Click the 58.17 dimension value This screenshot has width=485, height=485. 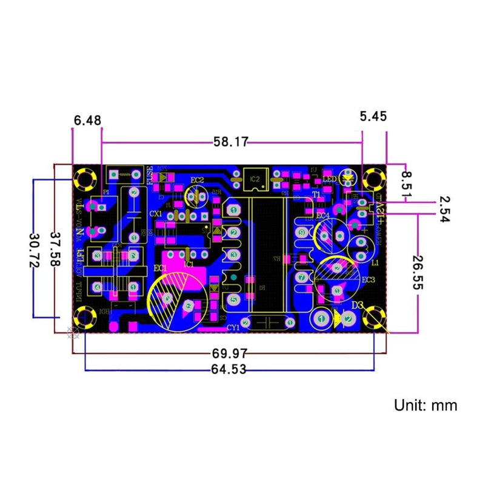click(x=230, y=142)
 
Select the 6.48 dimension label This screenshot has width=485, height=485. click(x=87, y=121)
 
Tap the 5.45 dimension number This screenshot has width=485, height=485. click(x=373, y=116)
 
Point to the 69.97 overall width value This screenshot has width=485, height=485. click(x=229, y=353)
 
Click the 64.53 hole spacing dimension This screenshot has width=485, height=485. click(x=229, y=369)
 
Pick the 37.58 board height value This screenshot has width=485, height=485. click(x=56, y=249)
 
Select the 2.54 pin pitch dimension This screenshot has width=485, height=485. click(x=445, y=210)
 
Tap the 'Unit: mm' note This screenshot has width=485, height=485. click(x=426, y=405)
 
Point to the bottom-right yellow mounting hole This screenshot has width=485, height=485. click(x=375, y=318)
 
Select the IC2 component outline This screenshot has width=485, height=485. click(x=254, y=179)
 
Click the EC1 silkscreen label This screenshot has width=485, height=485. click(x=161, y=267)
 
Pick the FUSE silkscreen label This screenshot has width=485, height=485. click(x=149, y=176)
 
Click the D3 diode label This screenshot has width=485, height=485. click(x=357, y=304)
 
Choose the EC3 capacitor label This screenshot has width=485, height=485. click(x=368, y=279)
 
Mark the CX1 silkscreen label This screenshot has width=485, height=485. click(x=156, y=213)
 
